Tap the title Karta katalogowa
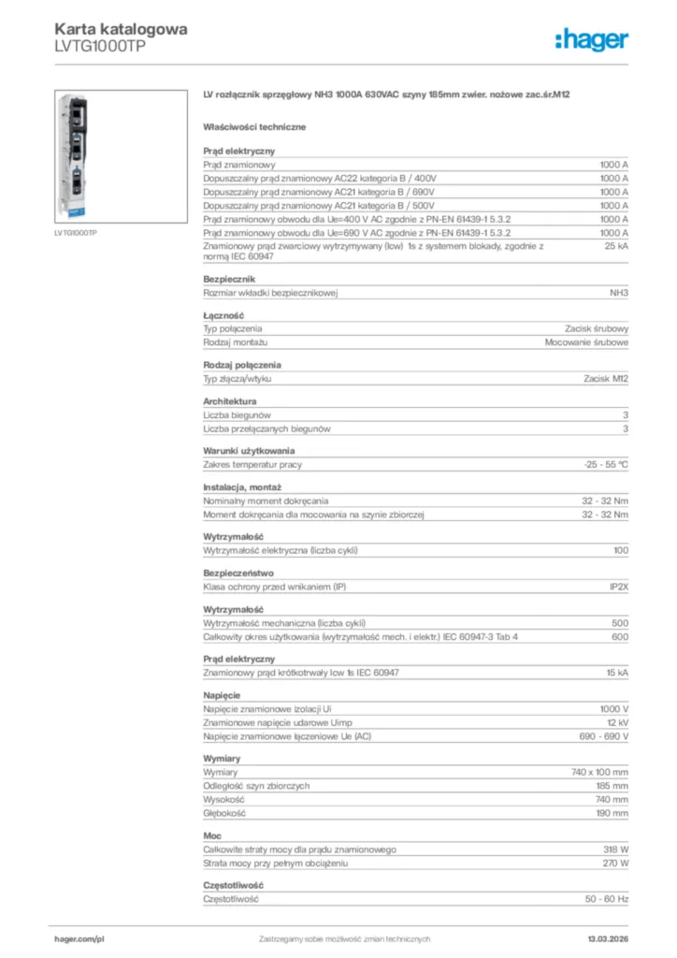point(121,28)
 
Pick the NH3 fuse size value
point(618,293)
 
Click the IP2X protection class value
point(618,587)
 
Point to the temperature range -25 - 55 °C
point(606,464)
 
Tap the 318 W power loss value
point(616,849)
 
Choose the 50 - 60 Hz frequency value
point(607,898)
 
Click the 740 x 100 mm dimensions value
point(599,772)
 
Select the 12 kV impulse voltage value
point(617,723)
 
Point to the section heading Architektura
point(229,401)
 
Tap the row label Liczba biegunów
point(237,414)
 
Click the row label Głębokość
point(223,814)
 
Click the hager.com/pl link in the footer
point(79,938)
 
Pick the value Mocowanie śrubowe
point(586,342)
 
